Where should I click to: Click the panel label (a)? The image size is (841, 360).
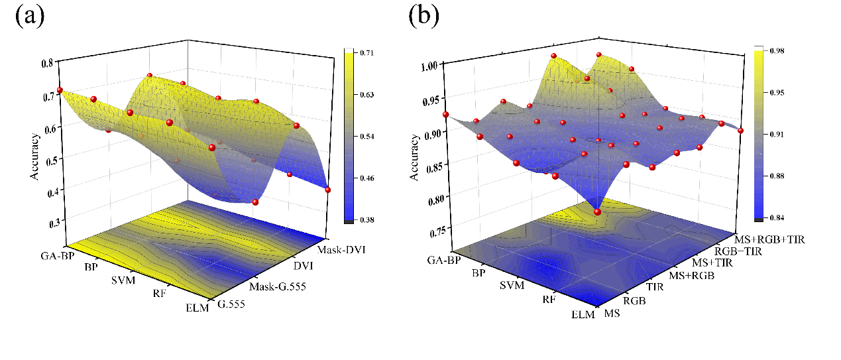[30, 16]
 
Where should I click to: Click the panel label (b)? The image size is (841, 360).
[423, 16]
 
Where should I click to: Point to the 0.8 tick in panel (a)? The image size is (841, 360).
[46, 64]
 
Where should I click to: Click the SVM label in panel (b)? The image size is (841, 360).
[512, 286]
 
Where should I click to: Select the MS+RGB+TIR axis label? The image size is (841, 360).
[770, 239]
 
